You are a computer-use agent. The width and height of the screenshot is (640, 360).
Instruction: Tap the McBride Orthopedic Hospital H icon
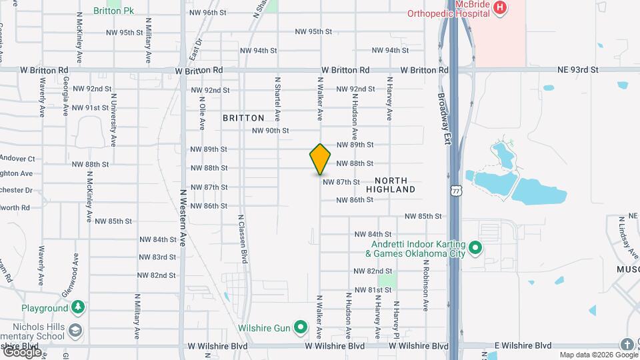(x=499, y=9)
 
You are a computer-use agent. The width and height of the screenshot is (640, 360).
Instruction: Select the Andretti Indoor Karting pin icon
(x=475, y=249)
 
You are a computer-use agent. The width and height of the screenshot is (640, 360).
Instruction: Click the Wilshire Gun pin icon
(x=301, y=327)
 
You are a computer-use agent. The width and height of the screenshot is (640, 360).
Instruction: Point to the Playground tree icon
(x=79, y=308)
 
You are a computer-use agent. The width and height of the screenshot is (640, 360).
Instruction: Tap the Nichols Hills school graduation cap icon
(x=77, y=329)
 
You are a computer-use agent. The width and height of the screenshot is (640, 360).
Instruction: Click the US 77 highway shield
(x=455, y=191)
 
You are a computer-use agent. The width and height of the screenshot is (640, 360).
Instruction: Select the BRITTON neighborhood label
(x=243, y=118)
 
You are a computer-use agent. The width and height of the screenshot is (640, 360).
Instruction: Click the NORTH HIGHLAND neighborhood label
(x=395, y=185)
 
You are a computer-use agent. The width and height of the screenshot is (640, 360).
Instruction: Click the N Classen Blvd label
(x=244, y=241)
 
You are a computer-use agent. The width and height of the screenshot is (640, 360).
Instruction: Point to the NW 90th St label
(x=270, y=131)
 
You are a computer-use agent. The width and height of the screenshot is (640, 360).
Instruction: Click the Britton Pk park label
(x=115, y=12)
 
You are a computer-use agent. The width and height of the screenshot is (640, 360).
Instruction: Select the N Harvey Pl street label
(x=395, y=320)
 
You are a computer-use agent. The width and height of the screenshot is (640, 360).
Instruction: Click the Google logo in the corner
(x=22, y=351)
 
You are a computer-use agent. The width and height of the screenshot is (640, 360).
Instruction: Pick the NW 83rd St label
(x=157, y=257)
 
